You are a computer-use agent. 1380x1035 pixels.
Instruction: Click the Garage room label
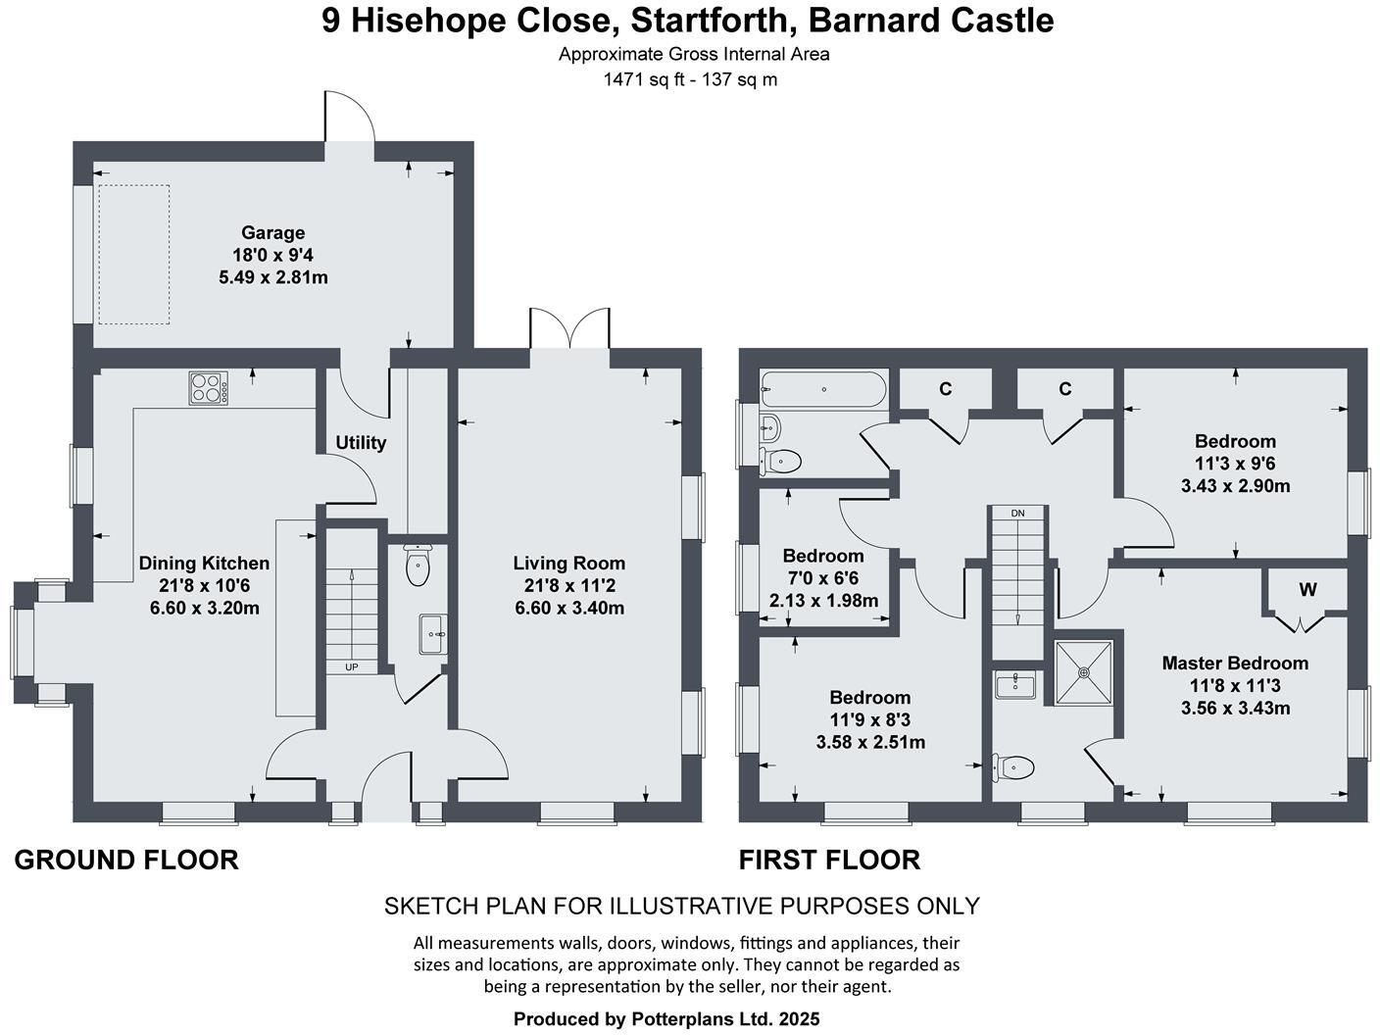[x=272, y=233]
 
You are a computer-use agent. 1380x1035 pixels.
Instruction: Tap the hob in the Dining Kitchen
[x=209, y=388]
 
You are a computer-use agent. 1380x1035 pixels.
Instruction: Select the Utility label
[x=361, y=443]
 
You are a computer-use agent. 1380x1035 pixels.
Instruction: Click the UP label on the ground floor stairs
[x=351, y=667]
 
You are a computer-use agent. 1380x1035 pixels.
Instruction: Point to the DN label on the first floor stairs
[x=1017, y=513]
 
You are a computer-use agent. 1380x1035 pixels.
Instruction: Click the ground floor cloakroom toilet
[x=419, y=566]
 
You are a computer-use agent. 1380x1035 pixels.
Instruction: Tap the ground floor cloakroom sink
[x=432, y=634]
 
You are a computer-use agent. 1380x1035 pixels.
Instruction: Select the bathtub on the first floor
[x=824, y=390]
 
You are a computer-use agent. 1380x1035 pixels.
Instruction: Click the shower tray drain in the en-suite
[x=1084, y=672]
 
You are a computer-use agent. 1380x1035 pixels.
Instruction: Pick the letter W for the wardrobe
[x=1307, y=589]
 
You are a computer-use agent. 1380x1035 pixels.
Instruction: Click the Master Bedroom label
[x=1234, y=664]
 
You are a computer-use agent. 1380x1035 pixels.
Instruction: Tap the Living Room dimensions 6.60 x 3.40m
[x=569, y=608]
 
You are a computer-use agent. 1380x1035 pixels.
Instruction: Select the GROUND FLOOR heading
[x=126, y=861]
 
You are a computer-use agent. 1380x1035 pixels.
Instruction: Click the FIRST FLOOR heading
[x=829, y=861]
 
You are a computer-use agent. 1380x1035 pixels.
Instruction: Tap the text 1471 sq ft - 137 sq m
[x=690, y=79]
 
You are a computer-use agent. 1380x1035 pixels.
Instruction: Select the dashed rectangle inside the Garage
[x=132, y=254]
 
